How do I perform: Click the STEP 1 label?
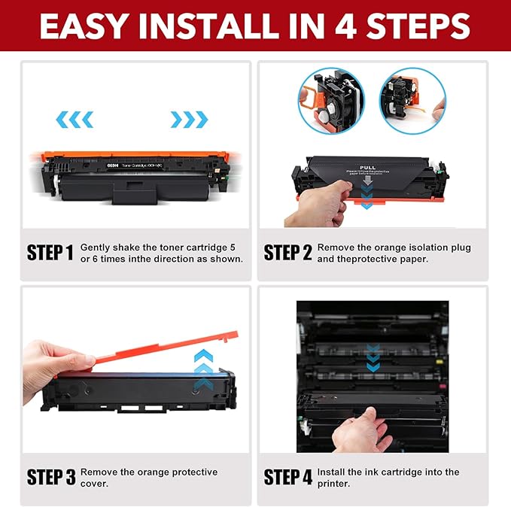(x=51, y=252)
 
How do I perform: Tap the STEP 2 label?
(x=287, y=252)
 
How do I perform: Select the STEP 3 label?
(x=51, y=477)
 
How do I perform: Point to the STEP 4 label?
(x=287, y=477)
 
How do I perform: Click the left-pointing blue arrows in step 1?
(x=76, y=119)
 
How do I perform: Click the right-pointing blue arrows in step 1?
(x=188, y=119)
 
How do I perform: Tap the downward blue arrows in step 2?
(x=367, y=194)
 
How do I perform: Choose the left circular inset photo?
(x=329, y=101)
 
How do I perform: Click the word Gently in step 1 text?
(x=97, y=247)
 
